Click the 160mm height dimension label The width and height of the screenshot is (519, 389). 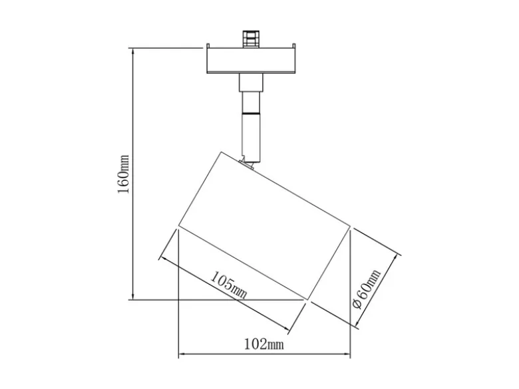(x=124, y=174)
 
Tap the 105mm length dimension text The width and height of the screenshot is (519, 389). (x=229, y=285)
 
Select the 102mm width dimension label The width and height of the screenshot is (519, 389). (x=264, y=344)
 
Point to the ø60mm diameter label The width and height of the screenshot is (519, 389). (x=367, y=289)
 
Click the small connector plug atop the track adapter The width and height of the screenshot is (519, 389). (x=251, y=39)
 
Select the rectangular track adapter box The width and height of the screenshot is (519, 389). (x=252, y=61)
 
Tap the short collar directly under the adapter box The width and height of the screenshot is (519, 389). (x=252, y=82)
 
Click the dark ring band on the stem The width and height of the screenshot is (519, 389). (x=252, y=114)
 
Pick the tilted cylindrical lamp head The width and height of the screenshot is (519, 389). (x=264, y=226)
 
